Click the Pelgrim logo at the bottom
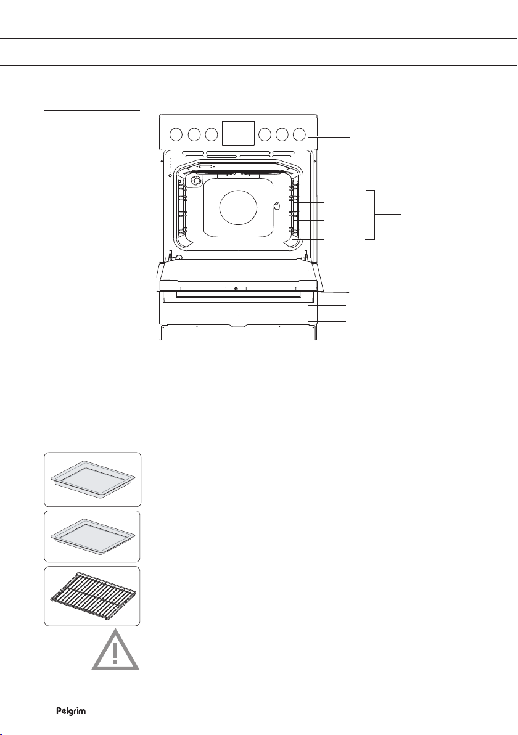pyautogui.click(x=71, y=711)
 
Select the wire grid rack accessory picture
pyautogui.click(x=92, y=596)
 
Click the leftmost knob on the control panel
pyautogui.click(x=176, y=134)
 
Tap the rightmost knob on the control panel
pyautogui.click(x=299, y=134)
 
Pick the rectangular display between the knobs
pyautogui.click(x=237, y=134)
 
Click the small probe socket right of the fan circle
pyautogui.click(x=277, y=206)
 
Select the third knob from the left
pyautogui.click(x=212, y=134)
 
